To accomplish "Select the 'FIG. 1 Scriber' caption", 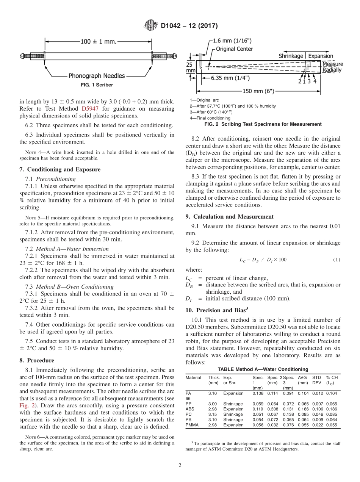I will click(97, 85).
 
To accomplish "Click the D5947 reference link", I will click(89, 109).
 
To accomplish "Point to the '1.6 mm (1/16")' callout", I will click(232, 41).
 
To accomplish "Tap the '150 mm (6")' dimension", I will click(258, 91).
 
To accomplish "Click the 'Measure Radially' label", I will click(332, 67).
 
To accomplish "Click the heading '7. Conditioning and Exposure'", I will click(60, 169).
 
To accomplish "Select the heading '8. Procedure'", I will click(37, 360).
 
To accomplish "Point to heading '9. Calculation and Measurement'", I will click(229, 217).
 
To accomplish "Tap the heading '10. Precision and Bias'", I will click(217, 310).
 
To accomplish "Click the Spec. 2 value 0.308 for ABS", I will click(272, 409).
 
